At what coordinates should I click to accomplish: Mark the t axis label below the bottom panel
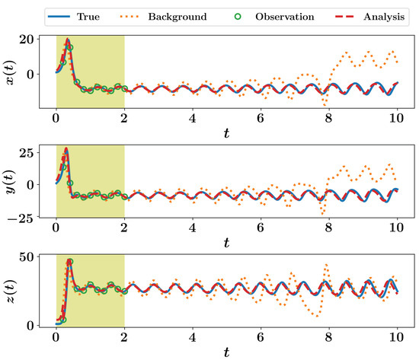click(226, 352)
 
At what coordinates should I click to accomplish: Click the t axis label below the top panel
click(226, 132)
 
